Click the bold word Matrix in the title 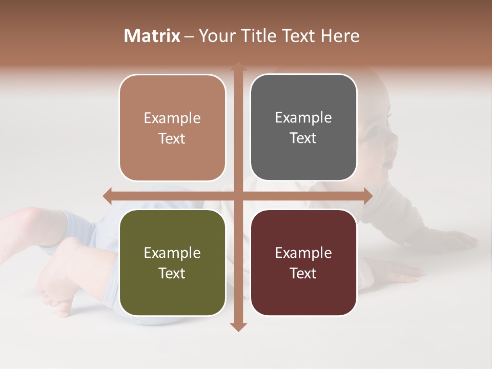(152, 36)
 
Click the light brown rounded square (172, 128)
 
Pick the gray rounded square (303, 128)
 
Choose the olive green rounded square (172, 262)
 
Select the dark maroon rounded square (303, 262)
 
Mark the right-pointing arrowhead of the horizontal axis (367, 196)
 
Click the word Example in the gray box (303, 118)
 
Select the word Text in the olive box (172, 273)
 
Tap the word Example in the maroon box (303, 253)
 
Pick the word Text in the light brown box (172, 138)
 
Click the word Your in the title (216, 36)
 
